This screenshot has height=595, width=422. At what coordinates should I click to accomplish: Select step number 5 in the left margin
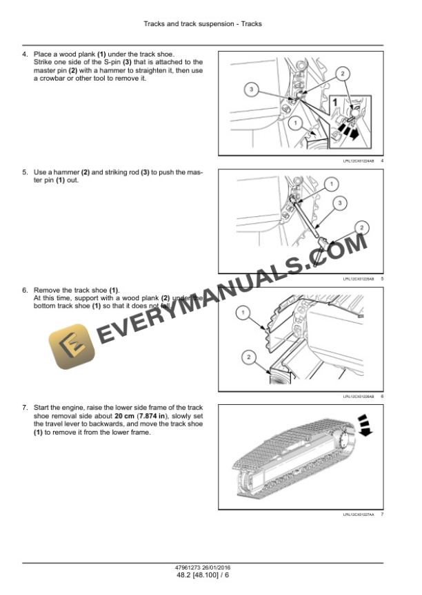pos(25,171)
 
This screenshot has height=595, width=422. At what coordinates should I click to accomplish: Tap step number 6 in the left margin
pos(25,291)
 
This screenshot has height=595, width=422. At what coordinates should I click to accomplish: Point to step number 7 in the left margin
pos(25,408)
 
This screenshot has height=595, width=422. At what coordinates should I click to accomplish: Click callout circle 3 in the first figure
pos(252,90)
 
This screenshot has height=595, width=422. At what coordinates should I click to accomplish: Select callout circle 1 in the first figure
pos(295,123)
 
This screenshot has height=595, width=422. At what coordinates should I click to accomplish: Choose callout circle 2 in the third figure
pos(249,356)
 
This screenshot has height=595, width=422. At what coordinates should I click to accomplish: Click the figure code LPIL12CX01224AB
pos(358,160)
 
